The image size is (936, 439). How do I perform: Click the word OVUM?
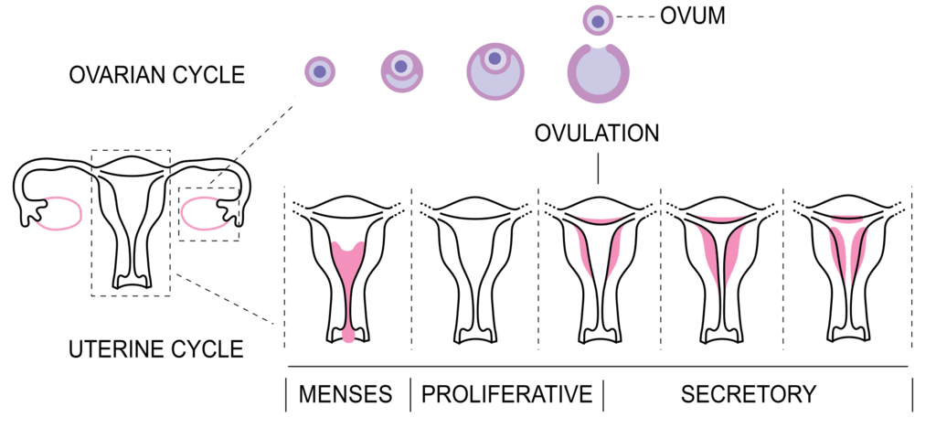(693, 16)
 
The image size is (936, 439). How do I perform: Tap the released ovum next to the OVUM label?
(598, 21)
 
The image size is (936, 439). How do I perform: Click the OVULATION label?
(597, 134)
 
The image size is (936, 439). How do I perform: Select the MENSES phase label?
(345, 394)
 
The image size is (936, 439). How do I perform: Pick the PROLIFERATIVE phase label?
(506, 394)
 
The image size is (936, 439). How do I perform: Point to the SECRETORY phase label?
(748, 394)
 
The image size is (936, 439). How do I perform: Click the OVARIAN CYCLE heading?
(157, 75)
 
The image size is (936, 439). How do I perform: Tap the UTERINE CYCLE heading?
(156, 348)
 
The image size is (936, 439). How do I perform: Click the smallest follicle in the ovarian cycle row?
(319, 71)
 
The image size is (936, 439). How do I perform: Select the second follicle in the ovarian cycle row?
(401, 71)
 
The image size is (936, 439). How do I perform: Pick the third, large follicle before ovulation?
(495, 71)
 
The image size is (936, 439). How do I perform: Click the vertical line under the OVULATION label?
(598, 167)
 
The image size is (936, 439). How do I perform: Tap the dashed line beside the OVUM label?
(635, 17)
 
